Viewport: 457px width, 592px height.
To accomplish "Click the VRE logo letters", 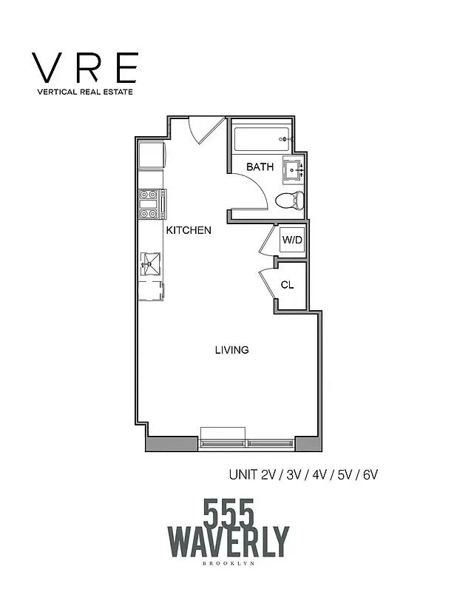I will coord(84,68).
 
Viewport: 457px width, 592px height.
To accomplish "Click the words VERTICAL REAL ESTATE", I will coord(84,92).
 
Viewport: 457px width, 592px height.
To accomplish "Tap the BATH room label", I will coord(260,167).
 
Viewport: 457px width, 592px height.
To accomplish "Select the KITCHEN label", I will coord(189,230).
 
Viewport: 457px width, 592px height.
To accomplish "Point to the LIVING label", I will coord(231,349).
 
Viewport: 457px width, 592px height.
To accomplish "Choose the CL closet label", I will coord(288,284).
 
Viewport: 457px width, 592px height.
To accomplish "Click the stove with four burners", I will coord(150,203).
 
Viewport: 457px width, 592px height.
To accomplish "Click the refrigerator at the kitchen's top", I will coord(151,155).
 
